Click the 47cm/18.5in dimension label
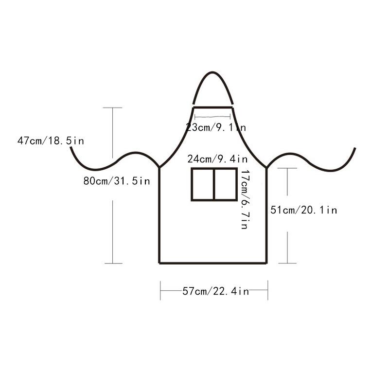tap(51, 141)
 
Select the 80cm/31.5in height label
tap(117, 181)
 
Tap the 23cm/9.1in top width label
tap(216, 127)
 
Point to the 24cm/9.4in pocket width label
tap(217, 159)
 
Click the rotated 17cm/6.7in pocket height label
tap(245, 199)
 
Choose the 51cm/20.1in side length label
tap(303, 210)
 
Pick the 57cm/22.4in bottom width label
tap(215, 291)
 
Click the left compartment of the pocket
tap(202, 184)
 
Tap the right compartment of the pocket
tap(225, 184)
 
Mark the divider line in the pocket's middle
tap(214, 184)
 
